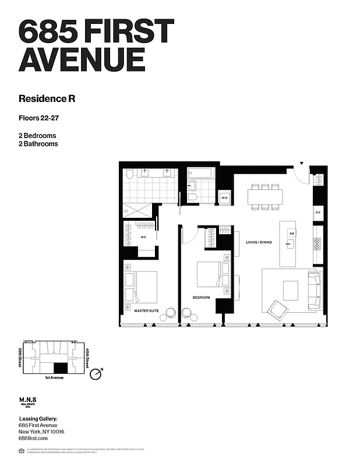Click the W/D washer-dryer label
tap(224, 198)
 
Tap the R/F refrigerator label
tap(318, 213)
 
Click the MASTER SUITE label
tap(146, 310)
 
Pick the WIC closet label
tap(143, 237)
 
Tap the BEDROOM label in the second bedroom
tap(201, 297)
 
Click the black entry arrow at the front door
tap(302, 164)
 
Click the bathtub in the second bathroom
tap(201, 173)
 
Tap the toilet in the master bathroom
tap(130, 173)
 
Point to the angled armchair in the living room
tap(278, 309)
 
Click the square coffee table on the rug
tap(290, 290)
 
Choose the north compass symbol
tap(96, 373)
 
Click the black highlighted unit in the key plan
tap(60, 368)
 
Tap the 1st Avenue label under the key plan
tap(53, 377)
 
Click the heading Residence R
tap(47, 98)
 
